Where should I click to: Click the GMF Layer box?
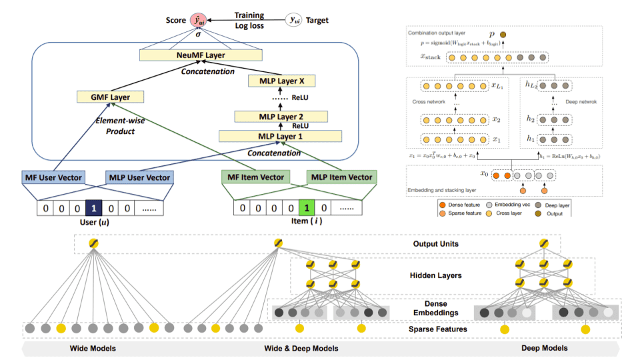111,97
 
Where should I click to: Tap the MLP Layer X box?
280,81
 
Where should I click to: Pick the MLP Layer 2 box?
280,117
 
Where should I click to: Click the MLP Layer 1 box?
280,137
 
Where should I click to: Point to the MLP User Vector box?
139,177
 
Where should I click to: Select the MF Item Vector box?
255,177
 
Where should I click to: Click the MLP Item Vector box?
341,177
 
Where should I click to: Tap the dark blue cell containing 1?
95,207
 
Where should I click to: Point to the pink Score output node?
197,21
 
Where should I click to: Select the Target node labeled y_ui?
294,21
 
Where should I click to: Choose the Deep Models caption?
545,349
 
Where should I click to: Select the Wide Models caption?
93,349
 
